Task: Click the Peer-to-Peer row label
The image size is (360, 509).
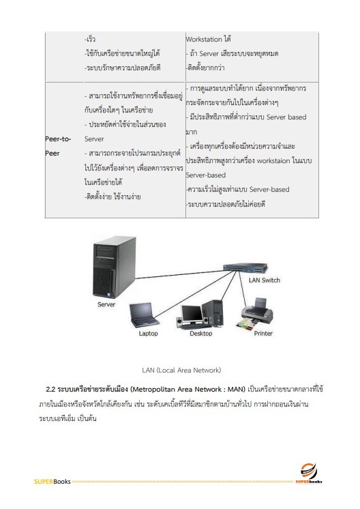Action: [57, 146]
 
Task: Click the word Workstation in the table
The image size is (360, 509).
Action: [207, 39]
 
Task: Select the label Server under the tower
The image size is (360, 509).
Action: [106, 304]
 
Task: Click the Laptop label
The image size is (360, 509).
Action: [148, 334]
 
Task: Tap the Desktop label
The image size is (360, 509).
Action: [200, 334]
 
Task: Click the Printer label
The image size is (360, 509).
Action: [263, 334]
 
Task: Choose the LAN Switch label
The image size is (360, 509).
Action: [264, 280]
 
